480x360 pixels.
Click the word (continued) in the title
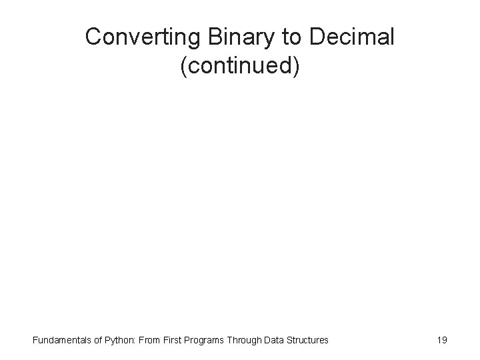click(240, 68)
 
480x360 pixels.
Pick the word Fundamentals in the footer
click(61, 340)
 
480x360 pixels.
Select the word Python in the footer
click(119, 340)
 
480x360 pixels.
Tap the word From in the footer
click(149, 340)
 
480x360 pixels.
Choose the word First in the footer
click(174, 340)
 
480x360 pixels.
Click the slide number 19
click(441, 340)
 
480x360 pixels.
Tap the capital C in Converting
click(93, 37)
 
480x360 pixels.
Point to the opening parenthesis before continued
click(183, 69)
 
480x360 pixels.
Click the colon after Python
click(135, 341)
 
